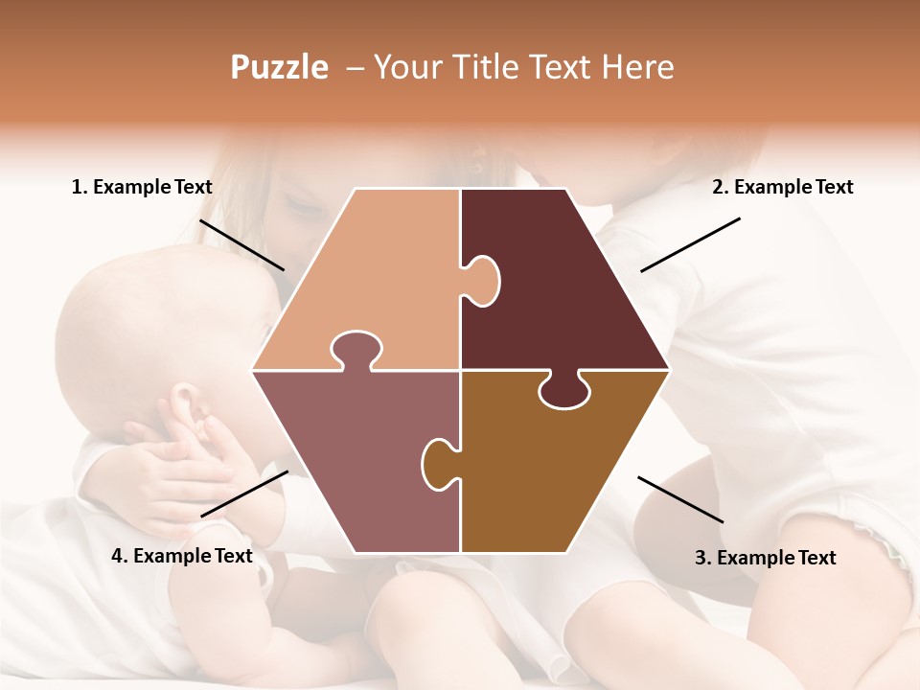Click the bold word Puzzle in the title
(x=279, y=67)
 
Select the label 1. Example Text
(x=142, y=187)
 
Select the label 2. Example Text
(x=782, y=187)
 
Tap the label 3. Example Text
(x=765, y=558)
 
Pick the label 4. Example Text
(x=182, y=556)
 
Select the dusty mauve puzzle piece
(x=355, y=460)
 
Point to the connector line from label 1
(x=241, y=244)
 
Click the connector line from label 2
(x=690, y=244)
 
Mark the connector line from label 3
(x=680, y=499)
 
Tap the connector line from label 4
(x=244, y=494)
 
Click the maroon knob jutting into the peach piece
(x=483, y=280)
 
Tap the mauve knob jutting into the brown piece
(x=438, y=463)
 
